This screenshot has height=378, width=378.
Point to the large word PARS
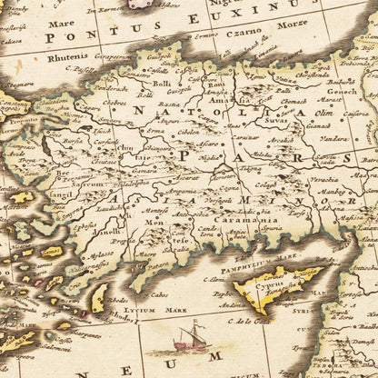coord(214,156)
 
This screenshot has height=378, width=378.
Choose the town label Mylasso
coord(101,256)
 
